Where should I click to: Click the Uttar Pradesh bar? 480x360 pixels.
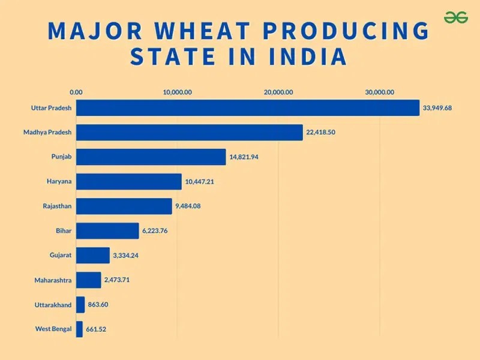(247, 108)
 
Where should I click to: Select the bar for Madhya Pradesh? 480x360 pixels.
(189, 133)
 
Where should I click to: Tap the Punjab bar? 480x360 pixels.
(151, 157)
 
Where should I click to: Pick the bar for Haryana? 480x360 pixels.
(128, 182)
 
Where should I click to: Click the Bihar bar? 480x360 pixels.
(107, 231)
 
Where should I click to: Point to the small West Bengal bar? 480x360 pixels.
(79, 329)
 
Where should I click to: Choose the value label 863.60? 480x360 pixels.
(98, 305)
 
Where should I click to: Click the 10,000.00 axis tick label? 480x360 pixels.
(177, 92)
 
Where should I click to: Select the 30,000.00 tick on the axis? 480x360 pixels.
(380, 92)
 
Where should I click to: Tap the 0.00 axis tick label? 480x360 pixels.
(76, 92)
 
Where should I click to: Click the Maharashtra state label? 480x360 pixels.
(53, 280)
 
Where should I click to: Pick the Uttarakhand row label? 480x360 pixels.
(53, 305)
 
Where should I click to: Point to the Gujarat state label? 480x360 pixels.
(61, 255)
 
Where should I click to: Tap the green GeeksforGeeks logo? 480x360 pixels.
(456, 18)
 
